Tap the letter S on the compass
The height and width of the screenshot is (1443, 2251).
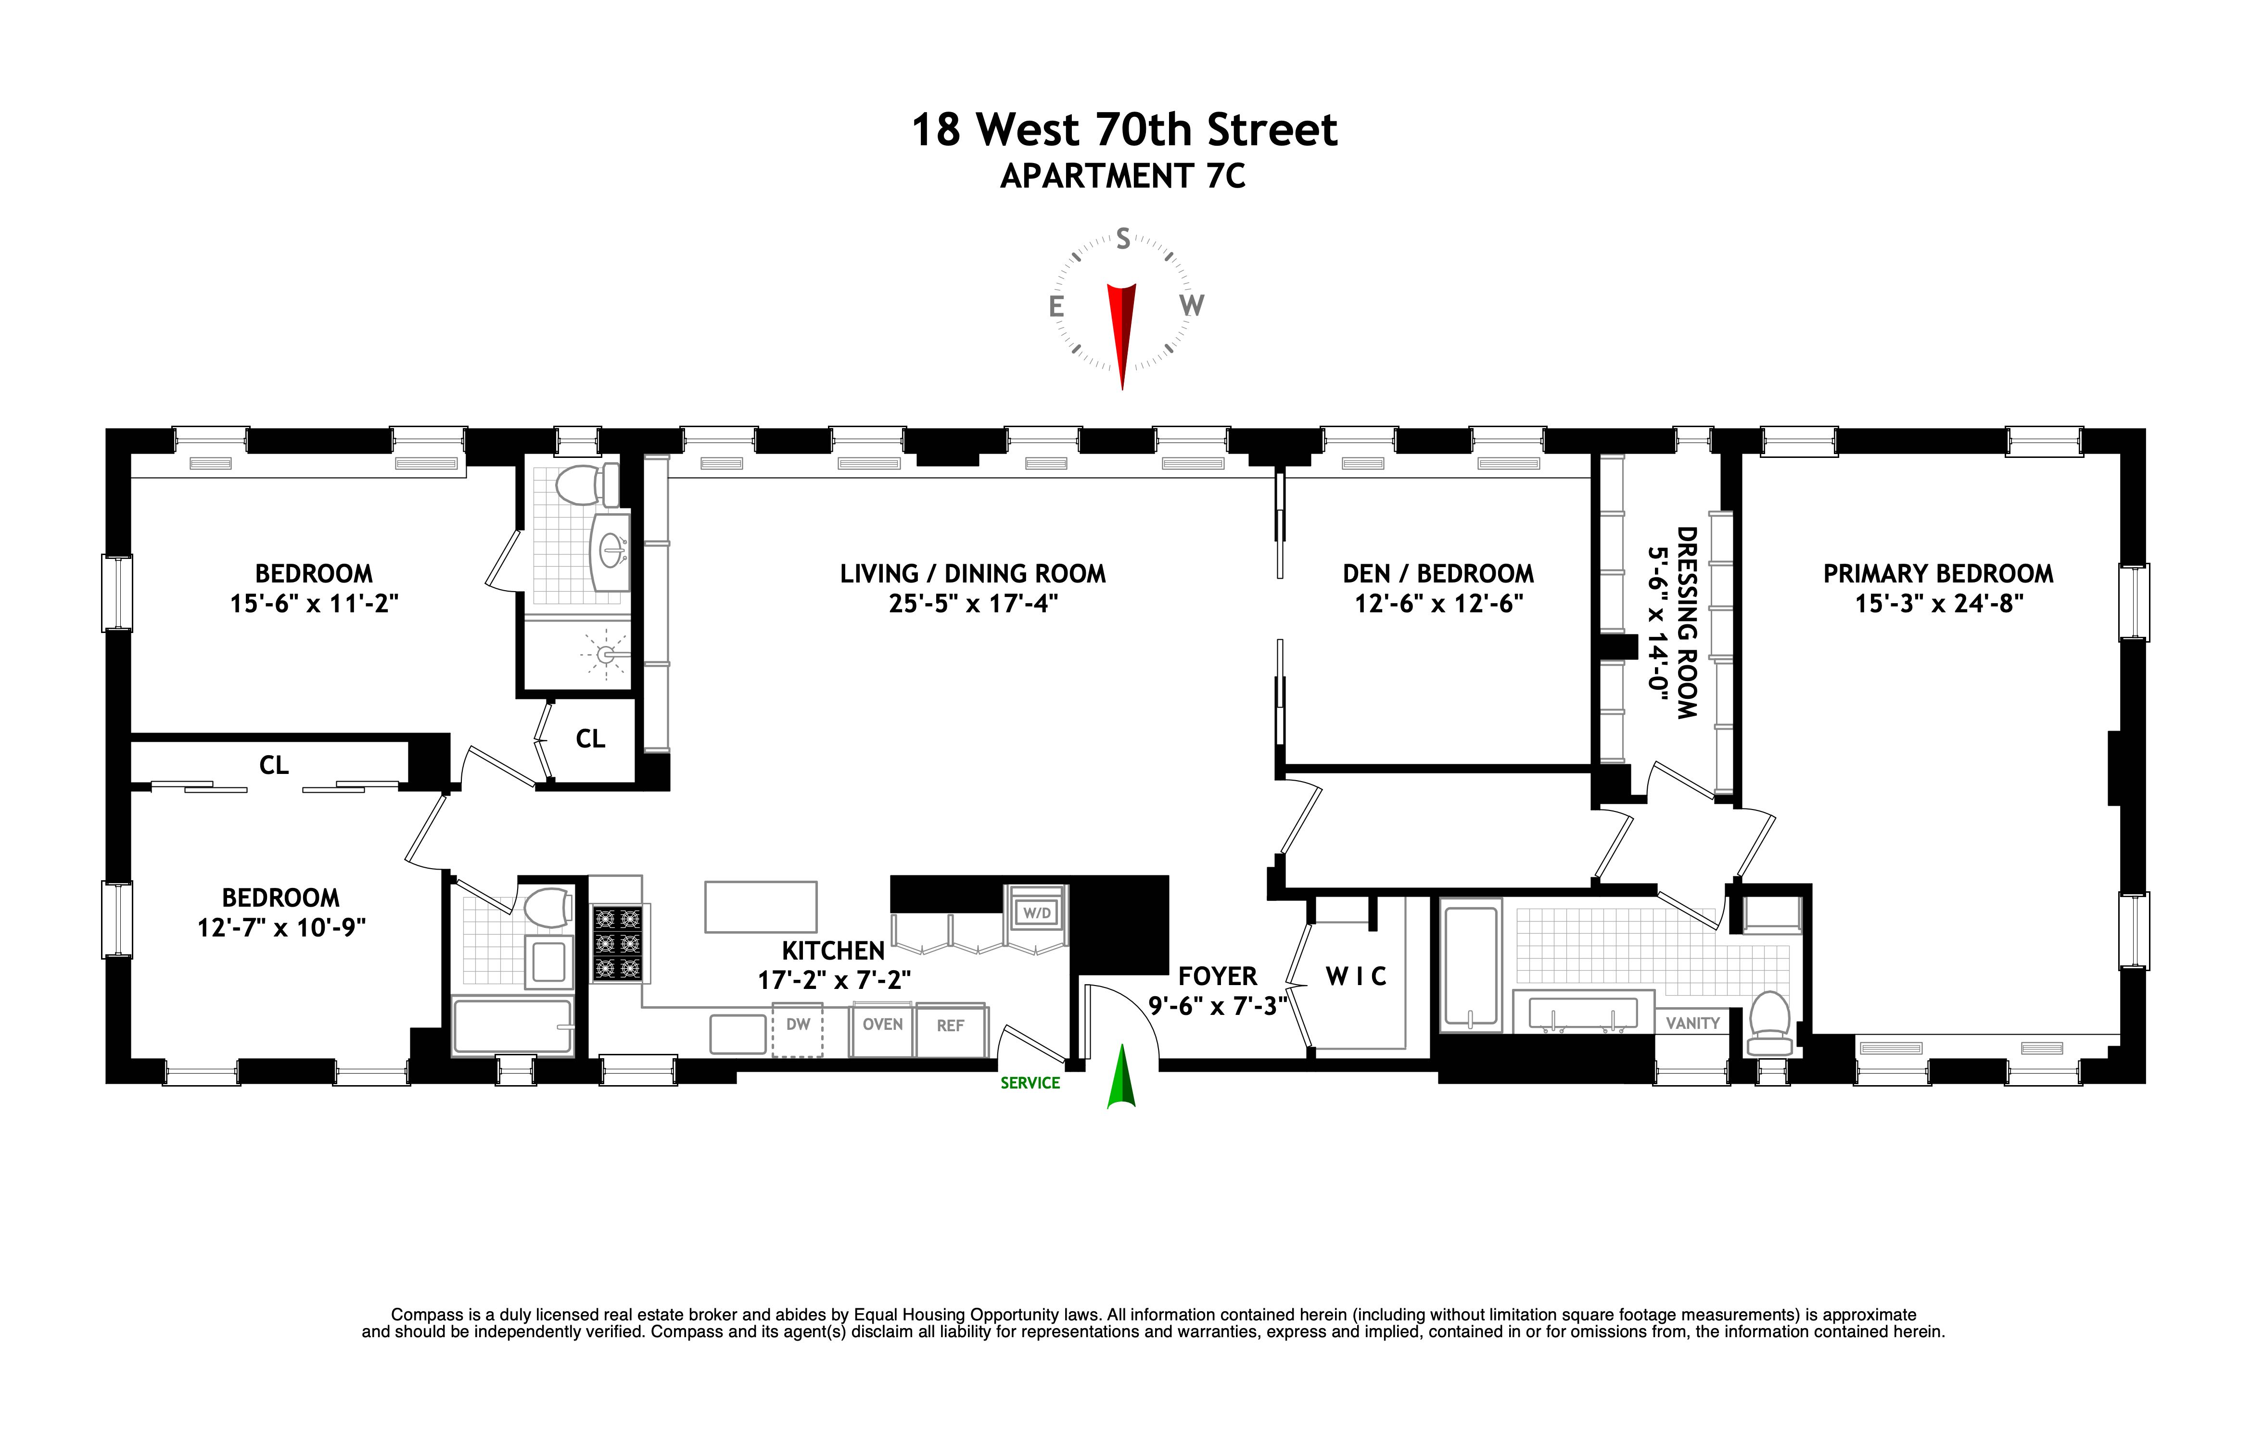tap(1123, 240)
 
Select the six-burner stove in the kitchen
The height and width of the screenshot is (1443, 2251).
tap(618, 944)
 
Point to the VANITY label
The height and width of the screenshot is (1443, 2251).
tap(1692, 1023)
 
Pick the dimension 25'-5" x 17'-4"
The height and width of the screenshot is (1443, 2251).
tap(973, 604)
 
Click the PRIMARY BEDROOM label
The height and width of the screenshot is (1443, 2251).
tap(1938, 573)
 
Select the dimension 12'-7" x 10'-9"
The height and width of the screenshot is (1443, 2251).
tap(281, 928)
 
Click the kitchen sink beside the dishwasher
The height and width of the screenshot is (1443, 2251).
tap(738, 1034)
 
